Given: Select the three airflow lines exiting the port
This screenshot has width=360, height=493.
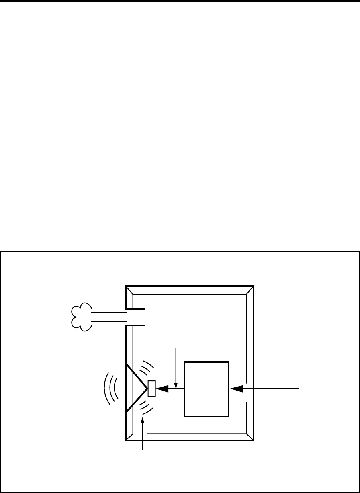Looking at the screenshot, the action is [x=109, y=317].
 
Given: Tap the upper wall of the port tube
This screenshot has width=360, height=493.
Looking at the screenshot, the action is [x=135, y=309].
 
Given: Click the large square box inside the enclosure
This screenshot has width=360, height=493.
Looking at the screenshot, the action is [x=207, y=389].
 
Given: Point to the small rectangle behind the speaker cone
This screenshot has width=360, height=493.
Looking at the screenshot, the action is [x=152, y=389].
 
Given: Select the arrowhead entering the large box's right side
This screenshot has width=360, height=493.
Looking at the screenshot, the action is [x=237, y=389].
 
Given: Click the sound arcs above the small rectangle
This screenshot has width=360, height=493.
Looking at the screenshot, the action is [x=147, y=368].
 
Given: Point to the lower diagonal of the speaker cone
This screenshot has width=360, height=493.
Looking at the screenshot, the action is [x=137, y=401].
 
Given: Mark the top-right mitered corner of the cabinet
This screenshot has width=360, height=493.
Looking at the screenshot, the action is [x=250, y=290].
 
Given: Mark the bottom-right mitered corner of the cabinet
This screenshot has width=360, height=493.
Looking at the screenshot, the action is [x=250, y=437].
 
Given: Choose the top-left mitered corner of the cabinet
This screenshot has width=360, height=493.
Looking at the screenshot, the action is [x=129, y=290].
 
